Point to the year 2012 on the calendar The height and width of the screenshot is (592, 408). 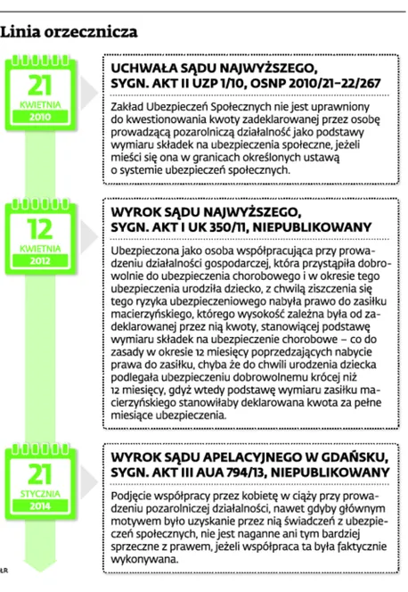[35, 262]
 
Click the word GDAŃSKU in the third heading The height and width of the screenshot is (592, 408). [360, 455]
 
